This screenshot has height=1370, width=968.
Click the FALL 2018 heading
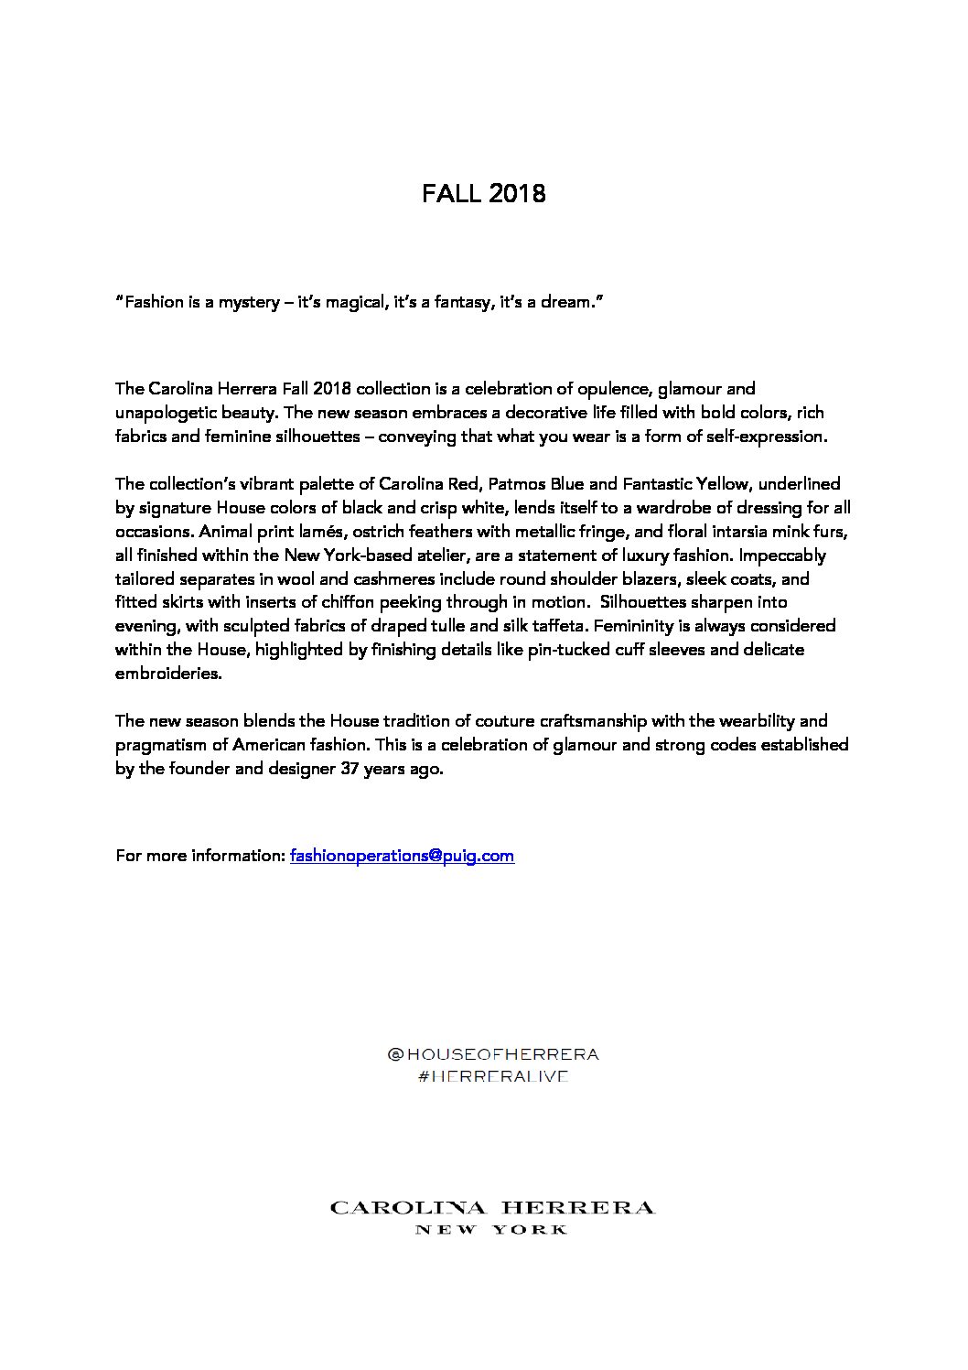483,194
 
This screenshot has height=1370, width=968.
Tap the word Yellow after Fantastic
720,483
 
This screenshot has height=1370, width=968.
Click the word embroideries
168,674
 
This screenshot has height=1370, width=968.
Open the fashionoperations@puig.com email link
402,856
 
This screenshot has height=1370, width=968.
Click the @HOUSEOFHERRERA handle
493,1054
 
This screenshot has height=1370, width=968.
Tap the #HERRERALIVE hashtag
493,1076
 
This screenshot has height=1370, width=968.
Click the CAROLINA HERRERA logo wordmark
492,1208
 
